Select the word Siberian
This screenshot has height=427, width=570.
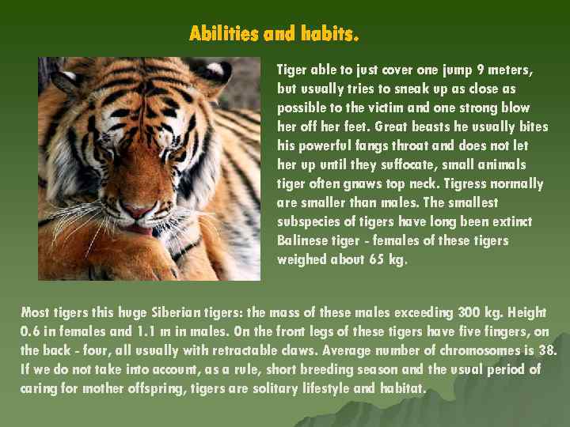click(x=196, y=312)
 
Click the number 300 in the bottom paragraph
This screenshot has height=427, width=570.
click(x=472, y=312)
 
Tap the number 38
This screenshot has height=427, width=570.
click(x=547, y=350)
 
